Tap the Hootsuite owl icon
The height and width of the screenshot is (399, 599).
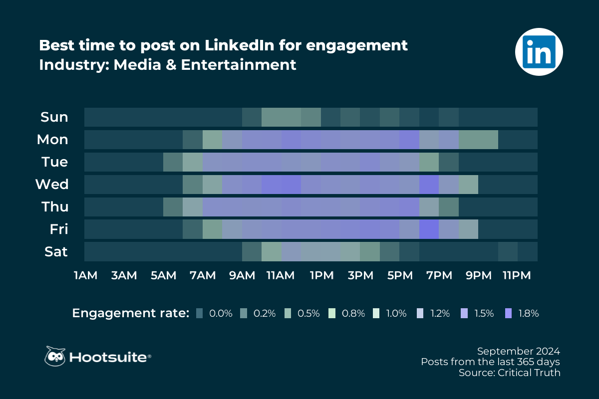[55, 356]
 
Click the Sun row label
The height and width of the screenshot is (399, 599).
[54, 117]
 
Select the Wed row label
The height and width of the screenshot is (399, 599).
[52, 185]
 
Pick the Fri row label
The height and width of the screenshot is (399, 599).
[58, 229]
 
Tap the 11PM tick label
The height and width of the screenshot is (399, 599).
[517, 275]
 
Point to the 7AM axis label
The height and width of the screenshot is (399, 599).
[203, 275]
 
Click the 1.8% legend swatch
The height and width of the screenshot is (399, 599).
[509, 313]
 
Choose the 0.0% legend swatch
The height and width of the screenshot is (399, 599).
[200, 313]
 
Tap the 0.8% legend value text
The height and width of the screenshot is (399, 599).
[353, 313]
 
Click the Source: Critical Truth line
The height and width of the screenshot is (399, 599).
[510, 373]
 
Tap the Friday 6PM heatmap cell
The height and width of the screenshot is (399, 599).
[429, 229]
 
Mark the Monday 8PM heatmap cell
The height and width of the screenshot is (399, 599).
[468, 139]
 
